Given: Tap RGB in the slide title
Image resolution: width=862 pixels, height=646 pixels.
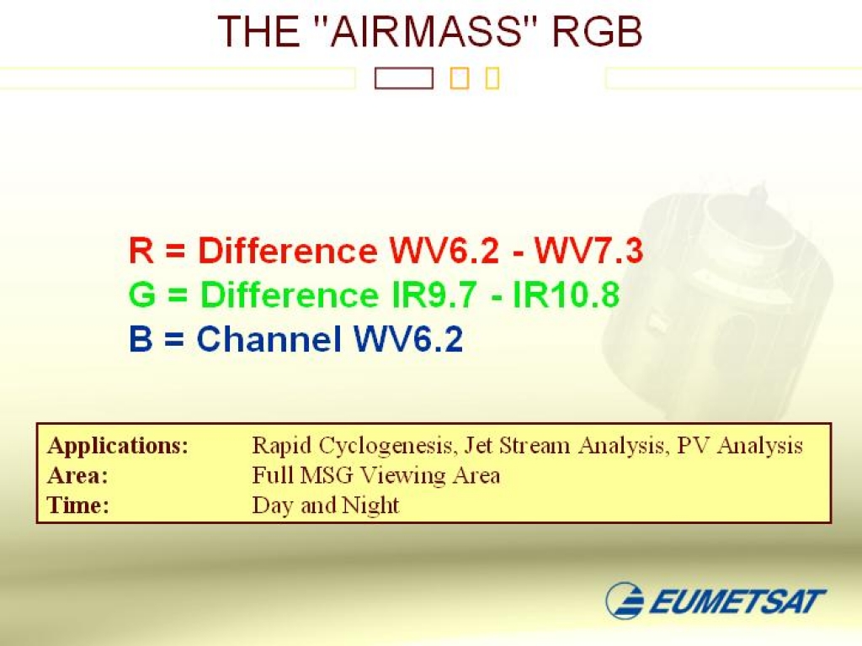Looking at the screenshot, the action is coord(597,31).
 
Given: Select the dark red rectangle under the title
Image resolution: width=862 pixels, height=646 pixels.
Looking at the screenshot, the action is coord(404,78).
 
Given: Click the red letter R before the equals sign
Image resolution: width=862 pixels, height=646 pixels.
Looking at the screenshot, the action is coord(141,251).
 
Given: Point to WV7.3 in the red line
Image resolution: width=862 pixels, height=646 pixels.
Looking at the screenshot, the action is coord(588,251).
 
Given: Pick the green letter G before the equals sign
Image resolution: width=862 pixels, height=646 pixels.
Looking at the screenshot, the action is coord(142,294).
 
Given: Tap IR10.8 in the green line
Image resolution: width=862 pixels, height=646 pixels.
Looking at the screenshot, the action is coord(566,294).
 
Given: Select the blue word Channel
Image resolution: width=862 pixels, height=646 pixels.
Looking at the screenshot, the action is coord(269,338).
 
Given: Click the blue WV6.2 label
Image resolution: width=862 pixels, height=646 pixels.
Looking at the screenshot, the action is coord(408,338).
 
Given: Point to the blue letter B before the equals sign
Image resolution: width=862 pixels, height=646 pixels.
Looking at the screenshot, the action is coord(141,338).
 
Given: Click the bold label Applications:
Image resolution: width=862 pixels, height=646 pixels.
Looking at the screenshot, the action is coord(118,446).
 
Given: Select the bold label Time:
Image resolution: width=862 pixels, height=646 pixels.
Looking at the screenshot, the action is coord(78,506).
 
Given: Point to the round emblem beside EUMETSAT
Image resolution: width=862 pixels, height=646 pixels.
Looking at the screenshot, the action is coord(625,601).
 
